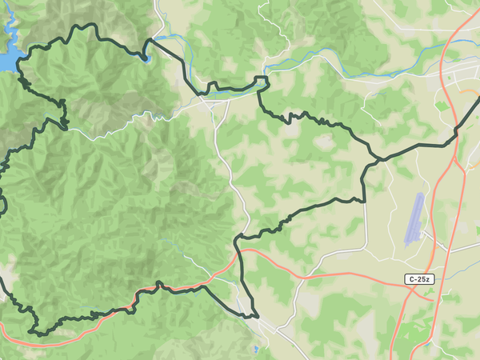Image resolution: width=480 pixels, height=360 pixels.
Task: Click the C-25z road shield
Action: tap(418, 279)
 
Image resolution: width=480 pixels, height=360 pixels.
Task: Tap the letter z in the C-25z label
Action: tap(430, 279)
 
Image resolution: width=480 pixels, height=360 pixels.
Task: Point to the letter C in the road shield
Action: tap(410, 279)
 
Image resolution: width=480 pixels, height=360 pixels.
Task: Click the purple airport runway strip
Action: tap(414, 217)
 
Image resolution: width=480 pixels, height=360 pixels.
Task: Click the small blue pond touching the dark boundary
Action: tap(145, 57)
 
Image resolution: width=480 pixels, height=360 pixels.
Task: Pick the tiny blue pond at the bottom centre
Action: tap(254, 350)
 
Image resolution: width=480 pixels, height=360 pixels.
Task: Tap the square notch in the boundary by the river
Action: tap(261, 80)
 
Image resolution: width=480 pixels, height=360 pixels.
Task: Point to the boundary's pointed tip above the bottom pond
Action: tap(258, 318)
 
